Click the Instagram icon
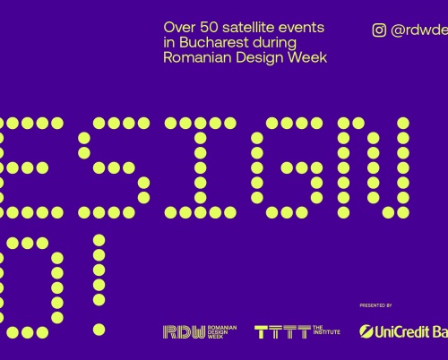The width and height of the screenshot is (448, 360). click(379, 30)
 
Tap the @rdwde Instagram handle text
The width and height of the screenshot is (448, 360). click(419, 30)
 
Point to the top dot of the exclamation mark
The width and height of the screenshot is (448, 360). click(99, 241)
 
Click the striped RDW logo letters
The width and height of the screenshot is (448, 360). click(177, 331)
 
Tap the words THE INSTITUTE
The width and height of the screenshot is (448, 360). click(327, 331)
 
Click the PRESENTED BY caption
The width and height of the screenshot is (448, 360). click(376, 305)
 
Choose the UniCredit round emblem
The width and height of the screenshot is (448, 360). click(366, 331)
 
